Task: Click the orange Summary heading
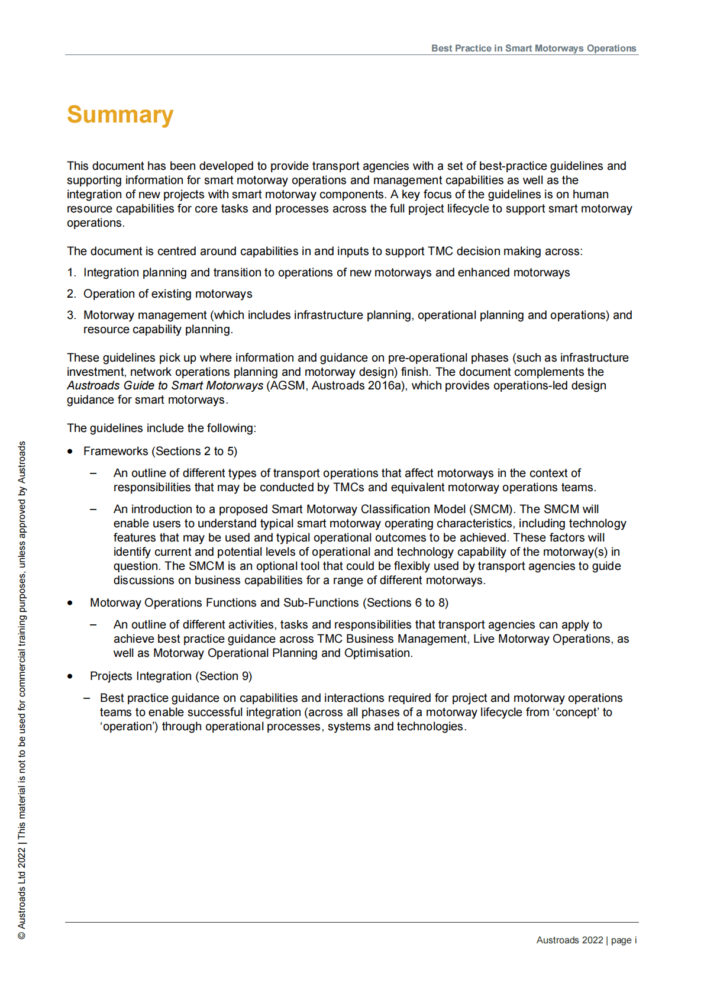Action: [x=120, y=115]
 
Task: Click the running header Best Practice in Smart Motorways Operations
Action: [x=533, y=49]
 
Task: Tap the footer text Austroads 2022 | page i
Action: [x=586, y=940]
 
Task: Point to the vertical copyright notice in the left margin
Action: [x=22, y=689]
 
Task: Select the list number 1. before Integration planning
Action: [x=71, y=272]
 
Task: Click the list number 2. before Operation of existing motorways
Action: [x=71, y=294]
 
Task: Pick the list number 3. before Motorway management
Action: [x=71, y=315]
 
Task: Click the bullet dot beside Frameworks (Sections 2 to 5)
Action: [x=70, y=452]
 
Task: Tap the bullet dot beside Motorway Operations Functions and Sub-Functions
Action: [x=70, y=603]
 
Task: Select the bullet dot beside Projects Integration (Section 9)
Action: [x=70, y=676]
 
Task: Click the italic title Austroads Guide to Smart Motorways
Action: [x=165, y=386]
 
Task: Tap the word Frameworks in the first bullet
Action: [x=116, y=451]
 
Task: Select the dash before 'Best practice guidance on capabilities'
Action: [x=87, y=698]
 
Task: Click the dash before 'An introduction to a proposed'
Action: [x=93, y=509]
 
